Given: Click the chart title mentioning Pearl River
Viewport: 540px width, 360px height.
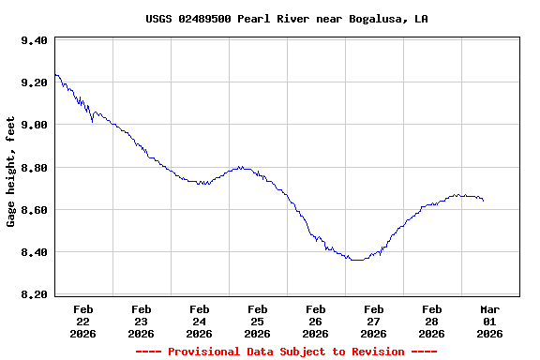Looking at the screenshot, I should click(x=287, y=19).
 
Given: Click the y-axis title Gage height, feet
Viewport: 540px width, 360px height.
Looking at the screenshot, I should click(x=11, y=172).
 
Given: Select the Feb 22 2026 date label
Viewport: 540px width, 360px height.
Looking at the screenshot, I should click(x=82, y=321).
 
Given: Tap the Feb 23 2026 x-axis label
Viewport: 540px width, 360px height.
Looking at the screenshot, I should click(x=141, y=321).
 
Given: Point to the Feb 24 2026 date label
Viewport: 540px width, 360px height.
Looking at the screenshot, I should click(x=199, y=321).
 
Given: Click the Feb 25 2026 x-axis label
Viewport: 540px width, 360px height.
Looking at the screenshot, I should click(x=257, y=321).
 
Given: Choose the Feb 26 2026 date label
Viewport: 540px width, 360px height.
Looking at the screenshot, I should click(x=315, y=321).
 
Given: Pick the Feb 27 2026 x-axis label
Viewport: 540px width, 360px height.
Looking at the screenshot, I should click(x=373, y=321).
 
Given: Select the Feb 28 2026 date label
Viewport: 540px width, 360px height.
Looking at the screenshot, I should click(x=431, y=321).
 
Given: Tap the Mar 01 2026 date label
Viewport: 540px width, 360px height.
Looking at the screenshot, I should click(x=489, y=321).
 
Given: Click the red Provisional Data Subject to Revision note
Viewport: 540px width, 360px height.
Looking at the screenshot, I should click(x=287, y=352).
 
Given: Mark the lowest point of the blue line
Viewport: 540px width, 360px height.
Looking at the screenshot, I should click(x=356, y=260).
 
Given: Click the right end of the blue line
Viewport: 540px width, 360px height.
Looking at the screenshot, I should click(x=484, y=201).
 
